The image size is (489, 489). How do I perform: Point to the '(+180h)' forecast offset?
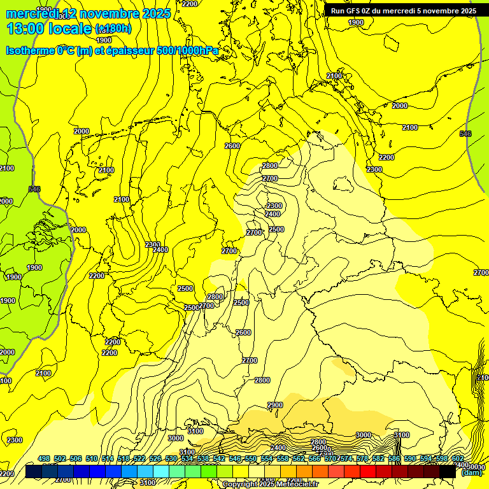pyautogui.click(x=113, y=28)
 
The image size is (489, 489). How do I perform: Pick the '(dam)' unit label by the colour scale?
pyautogui.click(x=471, y=472)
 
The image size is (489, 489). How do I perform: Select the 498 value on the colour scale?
pyautogui.click(x=44, y=458)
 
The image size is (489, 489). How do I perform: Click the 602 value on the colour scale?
pyautogui.click(x=458, y=458)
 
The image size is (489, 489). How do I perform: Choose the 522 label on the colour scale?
pyautogui.click(x=139, y=458)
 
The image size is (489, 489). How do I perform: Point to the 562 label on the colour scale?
pyautogui.click(x=299, y=458)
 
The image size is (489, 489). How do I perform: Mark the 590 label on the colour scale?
pyautogui.click(x=410, y=458)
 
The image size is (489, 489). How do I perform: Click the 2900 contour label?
pyautogui.click(x=274, y=405)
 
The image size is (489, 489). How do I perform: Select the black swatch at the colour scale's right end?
pyautogui.click(x=448, y=472)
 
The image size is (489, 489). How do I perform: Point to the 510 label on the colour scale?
pyautogui.click(x=92, y=458)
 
